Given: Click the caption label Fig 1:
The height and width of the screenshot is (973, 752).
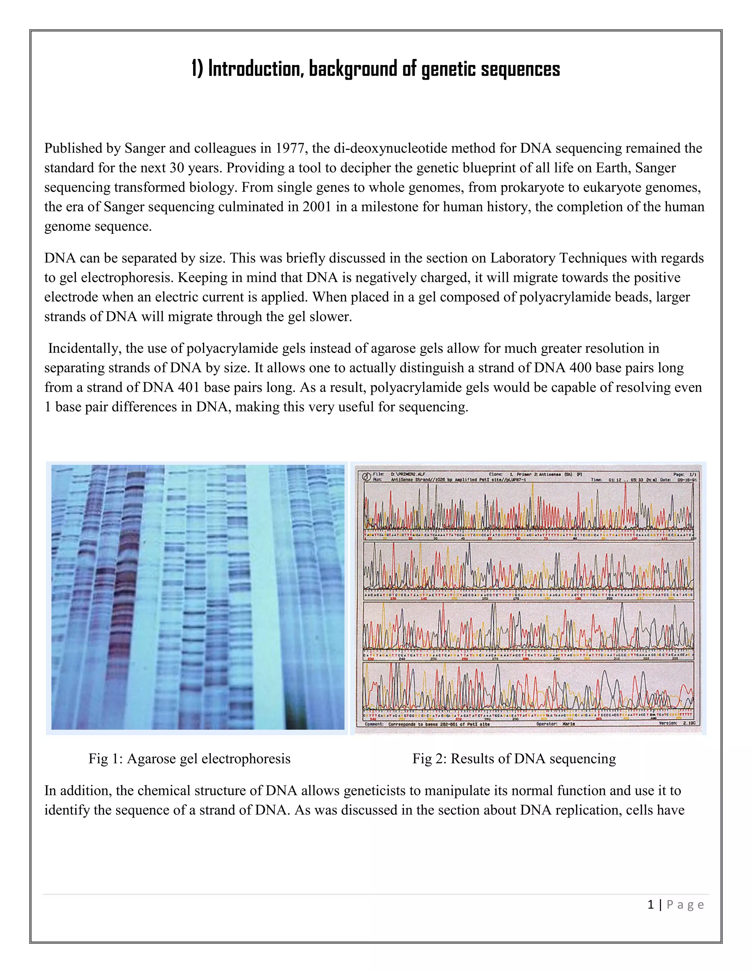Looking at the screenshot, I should [106, 758].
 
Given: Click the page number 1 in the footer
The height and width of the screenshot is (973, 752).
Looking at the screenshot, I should [651, 905].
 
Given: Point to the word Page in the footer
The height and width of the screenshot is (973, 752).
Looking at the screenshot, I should [685, 905].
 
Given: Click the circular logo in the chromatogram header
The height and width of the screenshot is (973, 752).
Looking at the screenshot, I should [365, 476].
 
